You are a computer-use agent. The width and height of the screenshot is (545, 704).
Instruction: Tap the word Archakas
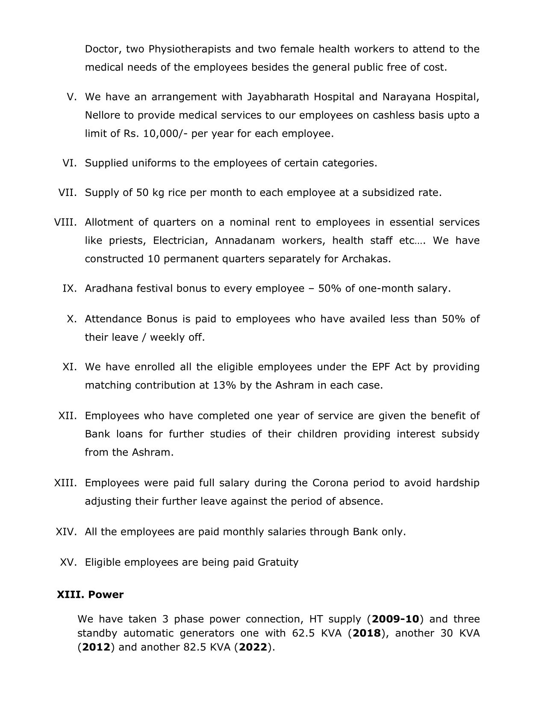click(366, 259)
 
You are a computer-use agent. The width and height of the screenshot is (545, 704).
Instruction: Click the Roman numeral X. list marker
click(72, 319)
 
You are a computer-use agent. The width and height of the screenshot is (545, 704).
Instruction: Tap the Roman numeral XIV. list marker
click(66, 532)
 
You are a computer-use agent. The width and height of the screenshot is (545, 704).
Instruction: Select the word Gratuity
click(278, 562)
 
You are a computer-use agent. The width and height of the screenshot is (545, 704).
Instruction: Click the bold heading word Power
click(106, 595)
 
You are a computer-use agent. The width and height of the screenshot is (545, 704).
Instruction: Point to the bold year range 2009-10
click(395, 619)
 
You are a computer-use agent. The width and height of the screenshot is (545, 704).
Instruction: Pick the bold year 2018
click(367, 633)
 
